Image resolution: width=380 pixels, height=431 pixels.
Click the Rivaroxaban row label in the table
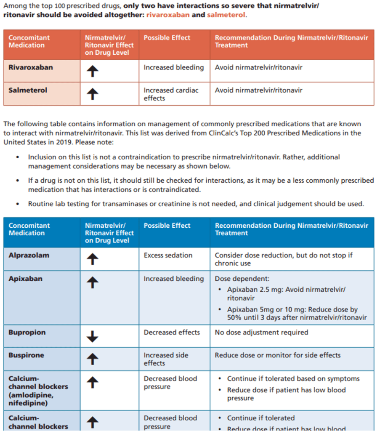coord(31,67)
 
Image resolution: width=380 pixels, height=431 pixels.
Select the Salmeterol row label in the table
coord(28,90)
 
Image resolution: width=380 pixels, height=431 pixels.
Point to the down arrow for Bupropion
coord(93,336)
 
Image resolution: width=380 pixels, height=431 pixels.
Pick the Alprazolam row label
coord(29,255)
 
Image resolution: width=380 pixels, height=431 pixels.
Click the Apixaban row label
coord(25,279)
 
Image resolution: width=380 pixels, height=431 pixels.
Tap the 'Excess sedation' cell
coord(168,255)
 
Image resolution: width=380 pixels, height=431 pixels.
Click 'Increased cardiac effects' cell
coord(170,94)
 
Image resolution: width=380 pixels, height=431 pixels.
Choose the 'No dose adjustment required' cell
coord(261,333)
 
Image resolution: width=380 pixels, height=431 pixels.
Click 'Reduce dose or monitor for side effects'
coord(277,355)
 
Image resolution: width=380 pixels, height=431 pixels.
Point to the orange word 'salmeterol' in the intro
coord(226,15)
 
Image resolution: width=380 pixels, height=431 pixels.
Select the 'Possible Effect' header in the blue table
coord(167,226)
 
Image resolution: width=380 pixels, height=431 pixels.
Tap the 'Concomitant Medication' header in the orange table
coord(29,41)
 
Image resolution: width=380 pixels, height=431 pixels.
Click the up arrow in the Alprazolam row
coord(93,259)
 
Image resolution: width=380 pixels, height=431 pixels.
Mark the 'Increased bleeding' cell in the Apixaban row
coord(173,279)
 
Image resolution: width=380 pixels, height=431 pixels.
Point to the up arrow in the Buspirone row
coord(93,359)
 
